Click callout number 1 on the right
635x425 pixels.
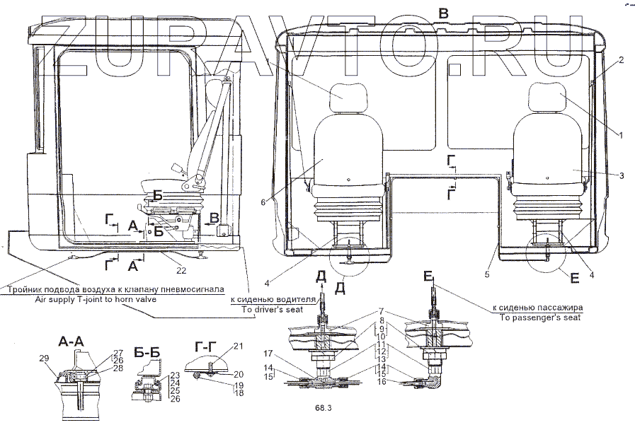(x=620, y=134)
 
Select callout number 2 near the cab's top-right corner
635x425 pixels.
(x=620, y=60)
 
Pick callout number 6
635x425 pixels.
(x=263, y=202)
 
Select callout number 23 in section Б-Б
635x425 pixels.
(x=174, y=375)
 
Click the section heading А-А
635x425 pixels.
(x=72, y=341)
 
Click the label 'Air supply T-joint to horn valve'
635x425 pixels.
(x=95, y=299)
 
